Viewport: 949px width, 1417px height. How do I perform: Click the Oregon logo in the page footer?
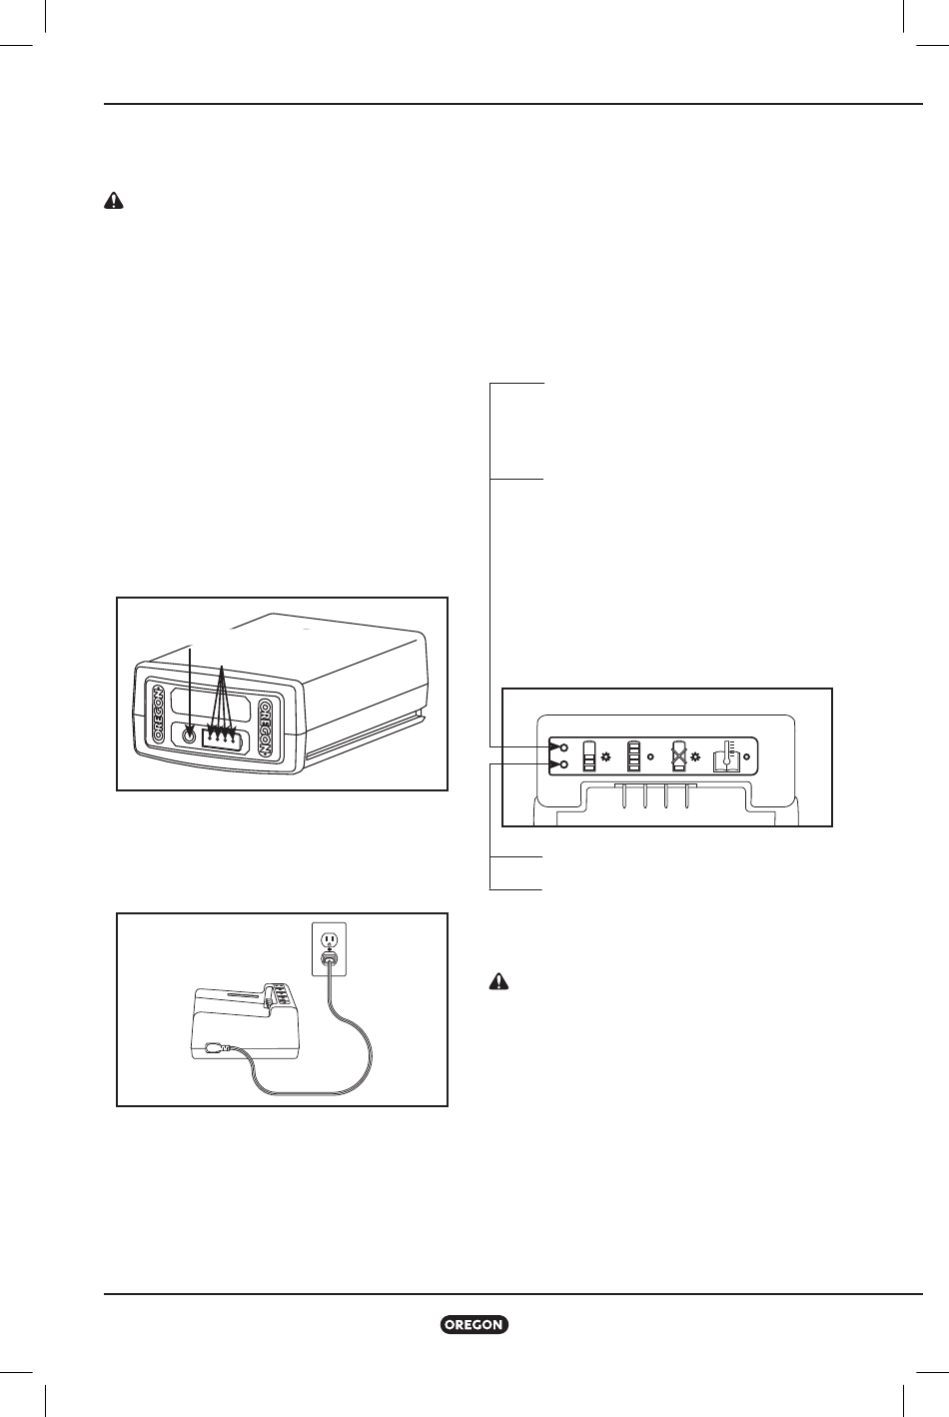[474, 1325]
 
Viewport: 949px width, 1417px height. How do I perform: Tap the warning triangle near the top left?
[114, 201]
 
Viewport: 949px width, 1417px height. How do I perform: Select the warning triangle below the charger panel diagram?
[498, 981]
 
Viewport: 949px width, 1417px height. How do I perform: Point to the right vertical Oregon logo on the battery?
[266, 727]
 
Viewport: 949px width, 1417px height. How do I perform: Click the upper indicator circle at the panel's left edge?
[564, 747]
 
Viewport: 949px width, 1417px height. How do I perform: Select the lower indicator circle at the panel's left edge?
[564, 764]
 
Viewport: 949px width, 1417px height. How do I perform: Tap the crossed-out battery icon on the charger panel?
[679, 755]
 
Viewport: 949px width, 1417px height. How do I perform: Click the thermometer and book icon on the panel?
[726, 755]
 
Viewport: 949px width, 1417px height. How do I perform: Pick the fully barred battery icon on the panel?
[633, 755]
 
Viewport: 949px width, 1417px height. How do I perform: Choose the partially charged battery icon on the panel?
[589, 755]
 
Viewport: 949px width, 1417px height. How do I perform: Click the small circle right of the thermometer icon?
[746, 756]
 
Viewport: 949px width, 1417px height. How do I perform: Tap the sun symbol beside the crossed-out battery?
[695, 756]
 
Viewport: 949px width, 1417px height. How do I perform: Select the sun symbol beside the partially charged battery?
[605, 756]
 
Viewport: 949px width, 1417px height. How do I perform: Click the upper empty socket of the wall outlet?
[330, 938]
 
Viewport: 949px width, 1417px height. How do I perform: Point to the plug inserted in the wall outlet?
[330, 959]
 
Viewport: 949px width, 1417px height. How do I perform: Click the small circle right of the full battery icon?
[650, 756]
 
